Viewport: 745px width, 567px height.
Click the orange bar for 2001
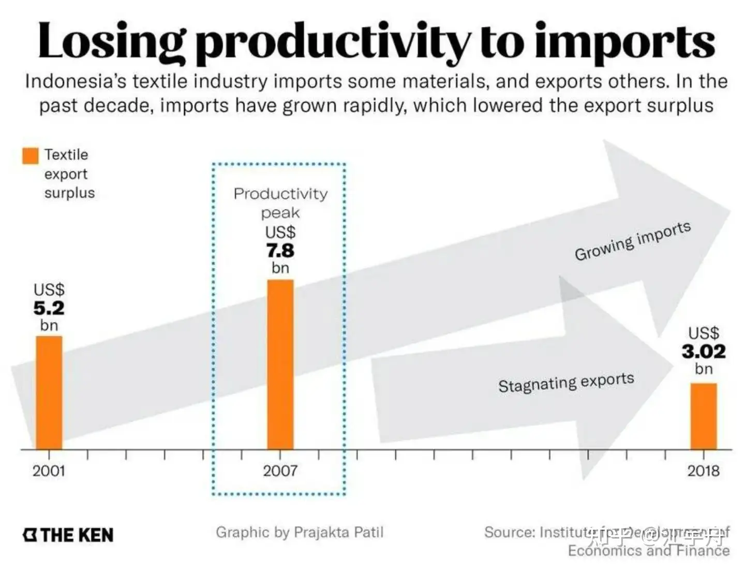49,392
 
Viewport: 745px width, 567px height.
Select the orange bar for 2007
280,365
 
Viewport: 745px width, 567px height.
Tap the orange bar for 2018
704,416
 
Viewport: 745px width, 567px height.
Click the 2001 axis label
49,471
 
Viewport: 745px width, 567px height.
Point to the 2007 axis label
280,471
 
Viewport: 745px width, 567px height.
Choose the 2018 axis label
704,471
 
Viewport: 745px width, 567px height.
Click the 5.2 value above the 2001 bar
49,308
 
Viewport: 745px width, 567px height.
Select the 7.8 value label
280,251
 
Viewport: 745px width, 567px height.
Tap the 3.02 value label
704,352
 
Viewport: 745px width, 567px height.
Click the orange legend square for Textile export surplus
31,156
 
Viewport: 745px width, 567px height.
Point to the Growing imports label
632,241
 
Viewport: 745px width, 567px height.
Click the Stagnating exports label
566,382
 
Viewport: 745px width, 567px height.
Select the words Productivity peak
280,202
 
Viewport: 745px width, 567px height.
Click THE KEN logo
68,535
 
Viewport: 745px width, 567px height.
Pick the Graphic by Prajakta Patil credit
300,532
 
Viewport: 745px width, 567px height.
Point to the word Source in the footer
509,532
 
